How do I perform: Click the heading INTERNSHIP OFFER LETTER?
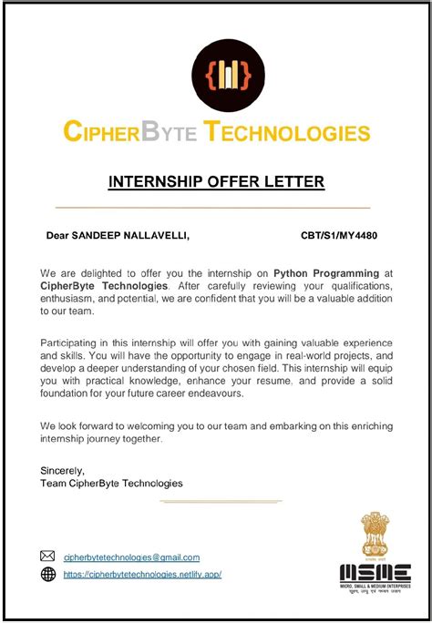coord(216,182)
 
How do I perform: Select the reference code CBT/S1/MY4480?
coord(339,236)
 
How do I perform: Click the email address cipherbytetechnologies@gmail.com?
coord(131,557)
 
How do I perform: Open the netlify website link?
coord(142,574)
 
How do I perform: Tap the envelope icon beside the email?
coord(48,557)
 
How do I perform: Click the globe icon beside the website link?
coord(48,574)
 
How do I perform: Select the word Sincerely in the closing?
coord(63,470)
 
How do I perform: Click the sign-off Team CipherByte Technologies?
coord(112,483)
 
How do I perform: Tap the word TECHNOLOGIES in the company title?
coord(286,132)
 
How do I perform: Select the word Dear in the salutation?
coord(57,236)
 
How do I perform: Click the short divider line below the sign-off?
coord(215,501)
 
